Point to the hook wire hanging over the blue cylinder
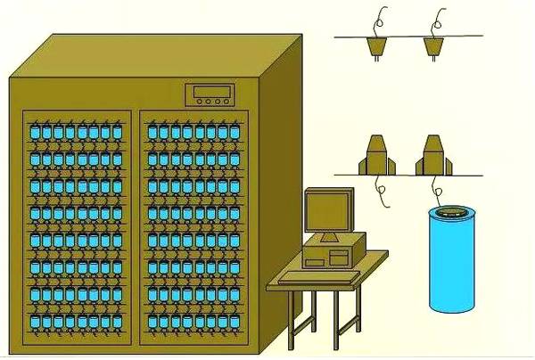(x=437, y=189)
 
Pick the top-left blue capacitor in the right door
(x=152, y=133)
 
